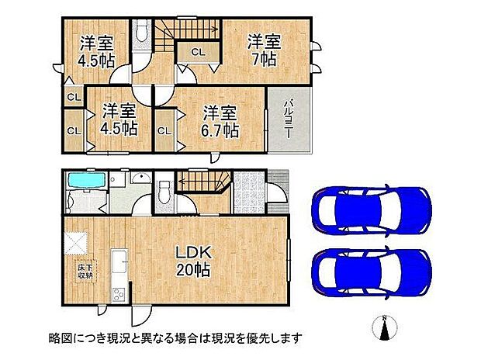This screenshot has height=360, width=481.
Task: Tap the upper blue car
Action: pos(371,209)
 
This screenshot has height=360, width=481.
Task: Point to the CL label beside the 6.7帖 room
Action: pos(164,130)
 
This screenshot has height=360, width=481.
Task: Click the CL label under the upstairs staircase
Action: pos(197,53)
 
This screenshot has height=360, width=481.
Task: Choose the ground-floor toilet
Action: pos(164,191)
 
